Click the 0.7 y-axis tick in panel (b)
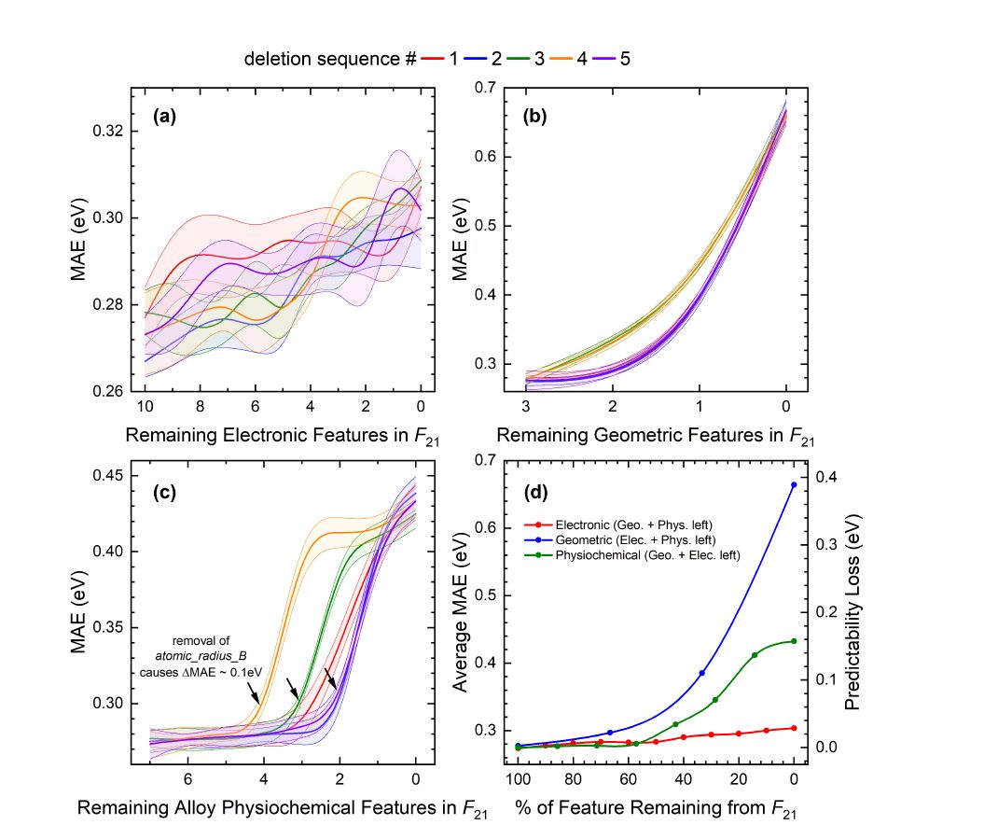click(x=484, y=88)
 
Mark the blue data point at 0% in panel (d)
click(x=794, y=484)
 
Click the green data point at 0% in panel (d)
click(x=794, y=641)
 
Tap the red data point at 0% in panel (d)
click(x=794, y=728)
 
